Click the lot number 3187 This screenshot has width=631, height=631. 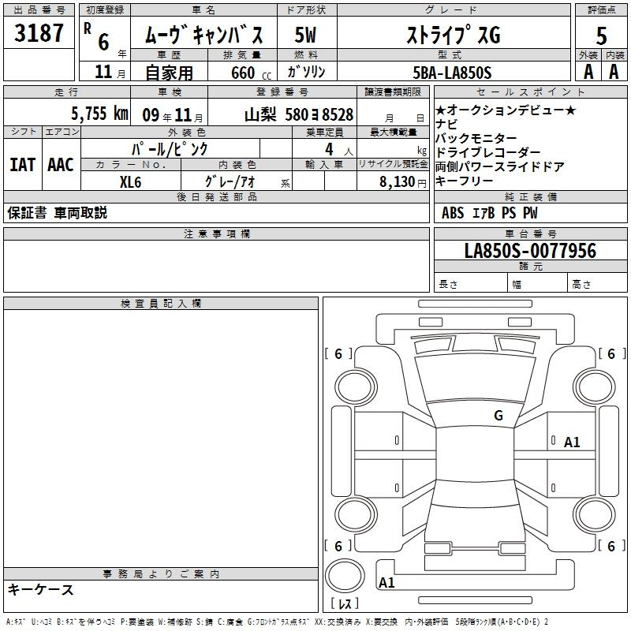[39, 33]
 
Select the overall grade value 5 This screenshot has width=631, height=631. [601, 35]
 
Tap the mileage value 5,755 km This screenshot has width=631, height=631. [99, 114]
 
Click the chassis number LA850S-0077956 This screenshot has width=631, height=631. [530, 250]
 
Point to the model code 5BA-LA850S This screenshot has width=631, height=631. [452, 73]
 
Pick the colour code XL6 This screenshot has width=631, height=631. [130, 182]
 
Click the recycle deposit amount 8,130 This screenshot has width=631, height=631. [398, 182]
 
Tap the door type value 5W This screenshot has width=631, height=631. [305, 35]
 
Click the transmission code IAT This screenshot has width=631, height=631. [23, 165]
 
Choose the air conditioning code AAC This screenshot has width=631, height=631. [61, 165]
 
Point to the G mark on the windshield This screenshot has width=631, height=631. [498, 416]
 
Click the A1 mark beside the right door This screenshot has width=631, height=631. [572, 442]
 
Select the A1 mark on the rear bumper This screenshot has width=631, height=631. [386, 582]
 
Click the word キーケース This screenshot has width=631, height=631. [41, 589]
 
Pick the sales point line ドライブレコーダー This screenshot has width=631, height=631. [487, 152]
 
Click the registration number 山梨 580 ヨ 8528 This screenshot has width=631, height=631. [299, 114]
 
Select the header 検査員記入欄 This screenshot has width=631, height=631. [161, 304]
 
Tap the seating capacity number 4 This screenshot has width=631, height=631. [329, 149]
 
